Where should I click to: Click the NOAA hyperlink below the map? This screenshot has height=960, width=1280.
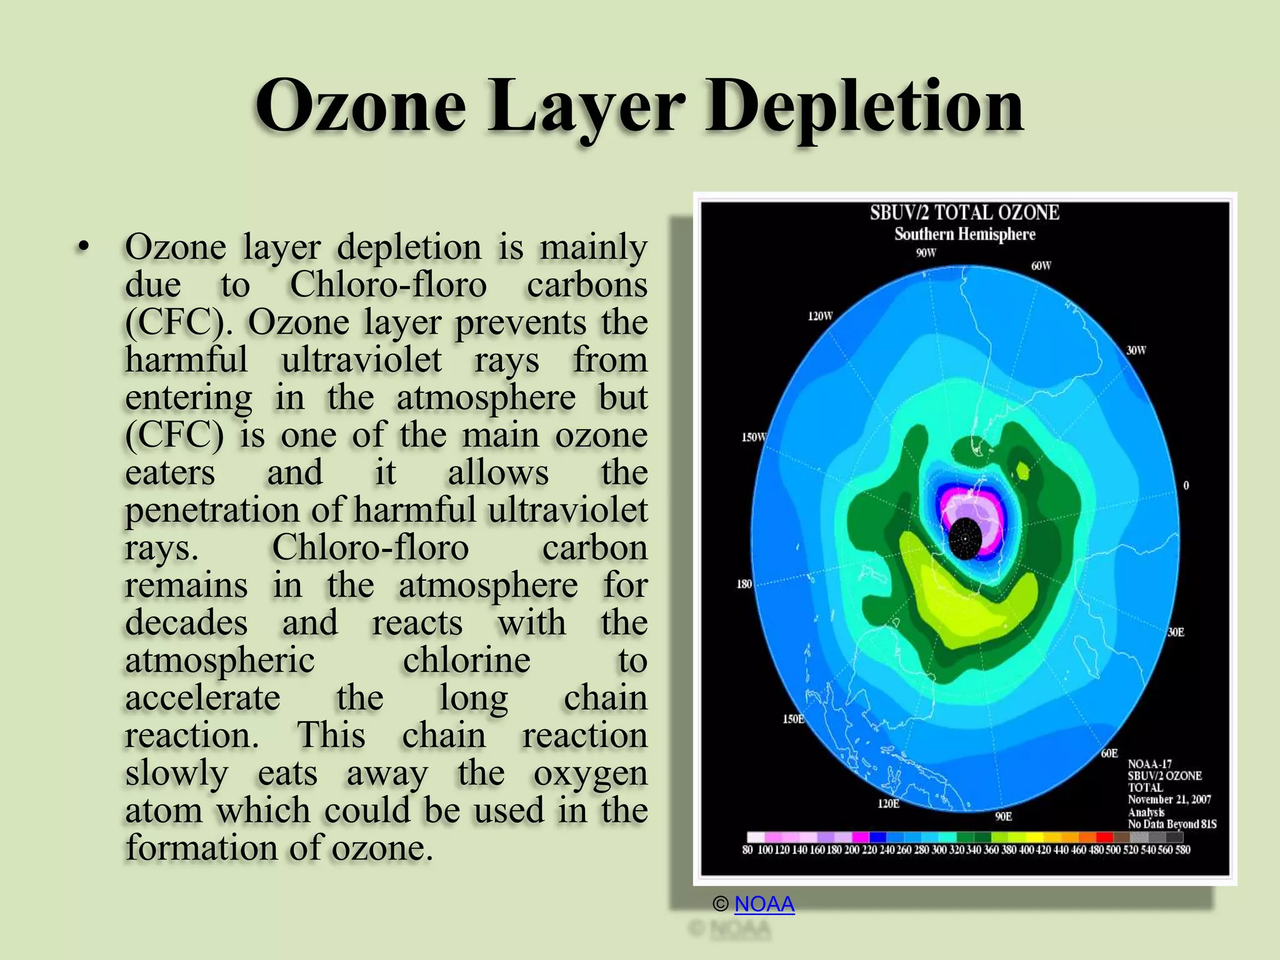tap(764, 904)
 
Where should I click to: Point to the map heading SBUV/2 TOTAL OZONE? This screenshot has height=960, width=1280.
tap(964, 213)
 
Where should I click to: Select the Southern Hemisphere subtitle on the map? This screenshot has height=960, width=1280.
tap(964, 234)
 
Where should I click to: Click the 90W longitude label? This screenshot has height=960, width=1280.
tap(926, 253)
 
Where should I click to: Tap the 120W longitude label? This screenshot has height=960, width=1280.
tap(820, 316)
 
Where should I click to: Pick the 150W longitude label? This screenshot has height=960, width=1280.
tap(753, 437)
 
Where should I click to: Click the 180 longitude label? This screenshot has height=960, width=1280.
tap(744, 584)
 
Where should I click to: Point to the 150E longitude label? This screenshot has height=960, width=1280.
tap(793, 719)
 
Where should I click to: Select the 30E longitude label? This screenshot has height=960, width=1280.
tap(1176, 632)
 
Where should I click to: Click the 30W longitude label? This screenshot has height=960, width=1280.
tap(1136, 351)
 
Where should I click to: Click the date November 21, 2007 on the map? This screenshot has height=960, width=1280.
tap(1169, 799)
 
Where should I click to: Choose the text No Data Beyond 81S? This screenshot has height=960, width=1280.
tap(1172, 824)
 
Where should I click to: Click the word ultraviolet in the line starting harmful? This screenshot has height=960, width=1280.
tap(361, 361)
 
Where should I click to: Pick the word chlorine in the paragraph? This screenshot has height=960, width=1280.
tap(466, 661)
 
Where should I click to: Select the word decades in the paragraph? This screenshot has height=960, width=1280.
tap(186, 623)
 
